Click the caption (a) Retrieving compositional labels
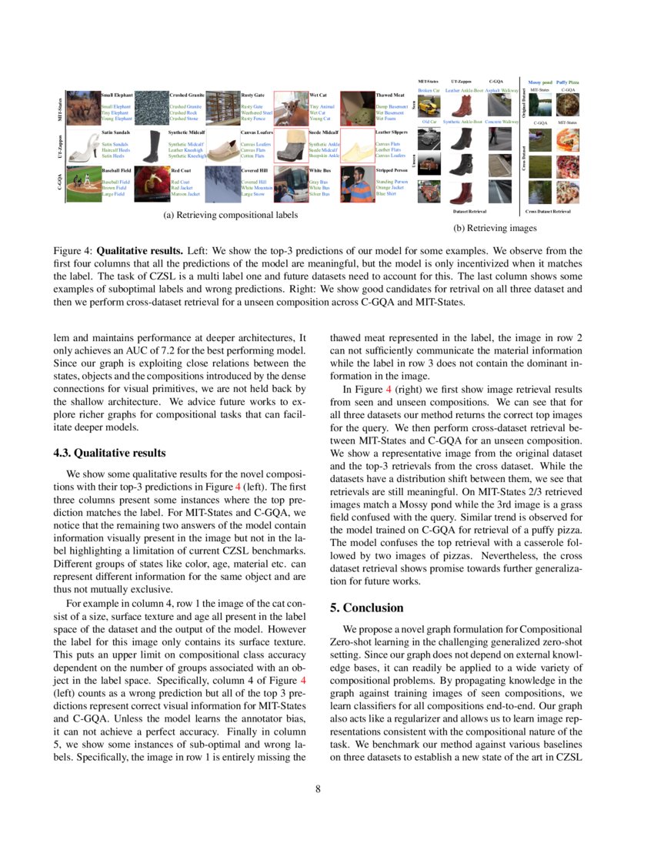pos(230,215)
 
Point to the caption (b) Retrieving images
pos(492,228)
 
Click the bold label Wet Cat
pos(319,95)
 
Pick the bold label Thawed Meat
pos(389,95)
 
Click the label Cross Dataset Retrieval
pos(548,210)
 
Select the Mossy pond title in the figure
pos(540,81)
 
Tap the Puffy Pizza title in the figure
pos(568,81)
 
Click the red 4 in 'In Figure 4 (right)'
pos(388,390)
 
